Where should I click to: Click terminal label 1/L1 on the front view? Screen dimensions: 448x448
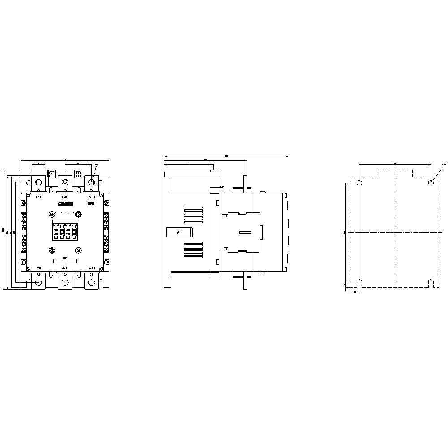(38, 197)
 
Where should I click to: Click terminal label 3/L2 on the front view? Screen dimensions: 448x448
(65, 197)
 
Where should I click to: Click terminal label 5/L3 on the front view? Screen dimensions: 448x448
(91, 197)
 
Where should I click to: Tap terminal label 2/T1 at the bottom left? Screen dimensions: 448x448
(38, 268)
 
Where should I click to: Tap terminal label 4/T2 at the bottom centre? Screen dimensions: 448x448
(65, 268)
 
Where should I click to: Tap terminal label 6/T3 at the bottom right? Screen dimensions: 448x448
(91, 268)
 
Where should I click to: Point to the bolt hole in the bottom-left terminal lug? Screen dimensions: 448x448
(38, 282)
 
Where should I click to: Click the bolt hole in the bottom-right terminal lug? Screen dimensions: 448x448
(92, 282)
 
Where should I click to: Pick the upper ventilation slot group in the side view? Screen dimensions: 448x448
(193, 214)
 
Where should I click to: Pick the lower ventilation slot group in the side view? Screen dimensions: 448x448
(193, 249)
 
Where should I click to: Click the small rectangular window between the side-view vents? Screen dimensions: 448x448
(179, 232)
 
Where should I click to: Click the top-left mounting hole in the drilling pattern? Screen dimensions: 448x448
(359, 183)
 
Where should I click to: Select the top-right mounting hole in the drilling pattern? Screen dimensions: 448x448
(431, 183)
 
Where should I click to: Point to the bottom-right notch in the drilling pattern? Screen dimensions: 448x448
(431, 283)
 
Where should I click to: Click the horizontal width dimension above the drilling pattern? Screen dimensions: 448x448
(395, 164)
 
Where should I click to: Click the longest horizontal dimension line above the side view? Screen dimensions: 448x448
(226, 157)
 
